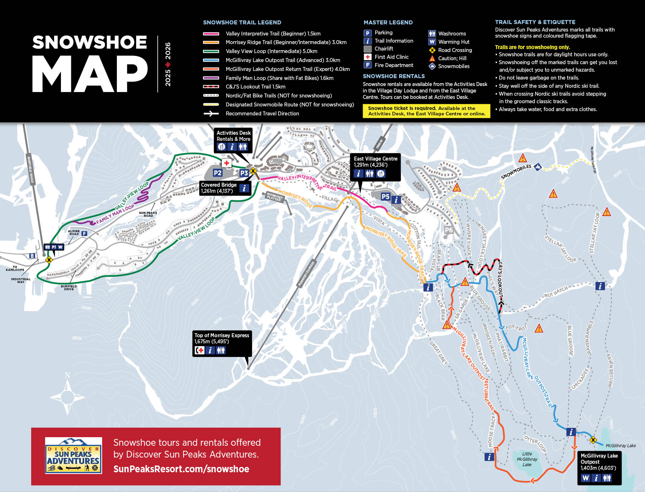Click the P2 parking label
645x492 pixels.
click(x=218, y=173)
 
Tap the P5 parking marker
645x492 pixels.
click(x=385, y=196)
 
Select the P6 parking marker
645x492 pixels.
click(x=449, y=230)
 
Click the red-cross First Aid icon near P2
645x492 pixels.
click(x=226, y=163)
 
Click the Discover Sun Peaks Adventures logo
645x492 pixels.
click(x=73, y=455)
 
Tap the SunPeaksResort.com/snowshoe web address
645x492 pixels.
click(x=181, y=469)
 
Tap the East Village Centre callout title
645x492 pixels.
click(x=376, y=159)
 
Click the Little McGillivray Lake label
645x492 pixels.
click(x=527, y=459)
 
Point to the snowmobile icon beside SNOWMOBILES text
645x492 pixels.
click(x=537, y=167)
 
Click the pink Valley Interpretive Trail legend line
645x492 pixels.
click(x=211, y=34)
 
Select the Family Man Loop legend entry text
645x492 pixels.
click(x=279, y=78)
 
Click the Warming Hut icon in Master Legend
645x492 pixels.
click(x=432, y=42)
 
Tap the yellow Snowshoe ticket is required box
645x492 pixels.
click(x=426, y=111)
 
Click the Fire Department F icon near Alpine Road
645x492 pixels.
click(x=84, y=234)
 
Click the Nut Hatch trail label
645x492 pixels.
click(x=556, y=292)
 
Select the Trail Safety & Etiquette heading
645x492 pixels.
click(x=535, y=22)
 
